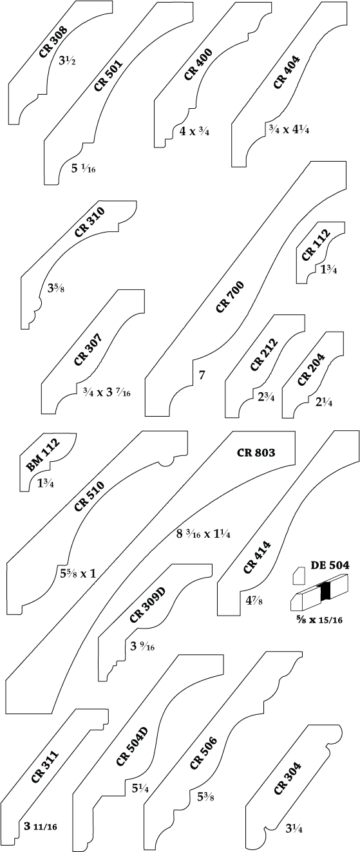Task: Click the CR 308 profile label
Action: [x=53, y=42]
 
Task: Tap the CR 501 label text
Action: [x=108, y=75]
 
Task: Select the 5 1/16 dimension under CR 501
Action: [x=83, y=168]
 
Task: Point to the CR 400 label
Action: [x=198, y=64]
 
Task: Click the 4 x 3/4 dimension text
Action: [x=194, y=131]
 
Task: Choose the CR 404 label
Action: [x=287, y=72]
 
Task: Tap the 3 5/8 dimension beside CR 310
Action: [x=56, y=288]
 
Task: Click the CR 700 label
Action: [x=230, y=297]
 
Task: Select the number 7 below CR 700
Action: [x=202, y=375]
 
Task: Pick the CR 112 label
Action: [x=316, y=245]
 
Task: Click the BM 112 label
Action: [x=43, y=455]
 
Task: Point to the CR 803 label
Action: [x=256, y=453]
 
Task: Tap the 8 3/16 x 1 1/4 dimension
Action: [x=204, y=534]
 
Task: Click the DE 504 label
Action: [x=330, y=565]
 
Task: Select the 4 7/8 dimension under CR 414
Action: [x=254, y=601]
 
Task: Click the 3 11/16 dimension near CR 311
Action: [x=41, y=826]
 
